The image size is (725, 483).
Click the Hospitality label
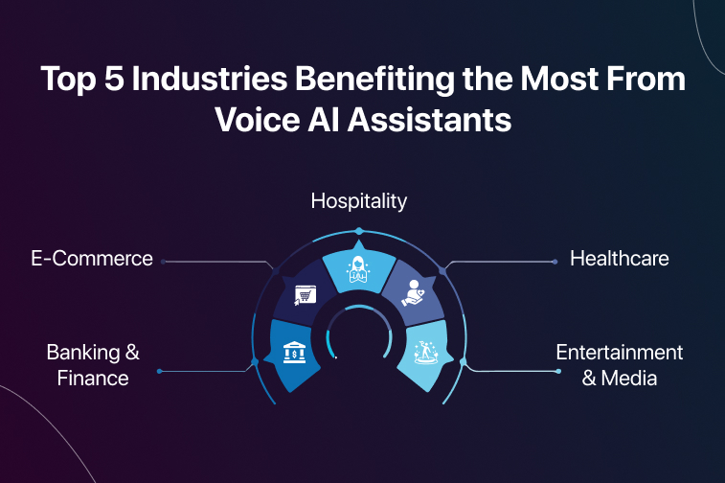click(359, 201)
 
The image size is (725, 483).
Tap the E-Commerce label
click(92, 258)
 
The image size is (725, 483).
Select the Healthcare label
click(619, 258)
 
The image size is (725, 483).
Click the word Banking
click(83, 353)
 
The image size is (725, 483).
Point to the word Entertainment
click(619, 353)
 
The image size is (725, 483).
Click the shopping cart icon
click(306, 295)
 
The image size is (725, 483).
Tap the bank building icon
click(294, 352)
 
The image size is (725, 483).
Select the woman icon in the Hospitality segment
click(358, 269)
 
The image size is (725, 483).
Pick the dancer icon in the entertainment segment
click(425, 352)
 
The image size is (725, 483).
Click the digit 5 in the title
click(114, 79)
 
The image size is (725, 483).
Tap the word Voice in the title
click(258, 120)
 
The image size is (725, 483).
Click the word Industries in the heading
click(210, 79)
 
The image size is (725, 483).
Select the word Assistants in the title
click(430, 120)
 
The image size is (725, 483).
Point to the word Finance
click(93, 379)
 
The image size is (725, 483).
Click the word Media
click(629, 379)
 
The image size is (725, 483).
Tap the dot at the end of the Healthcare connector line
click(555, 262)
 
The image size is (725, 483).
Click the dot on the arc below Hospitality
click(359, 231)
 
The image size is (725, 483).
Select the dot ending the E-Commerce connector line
click(163, 262)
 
